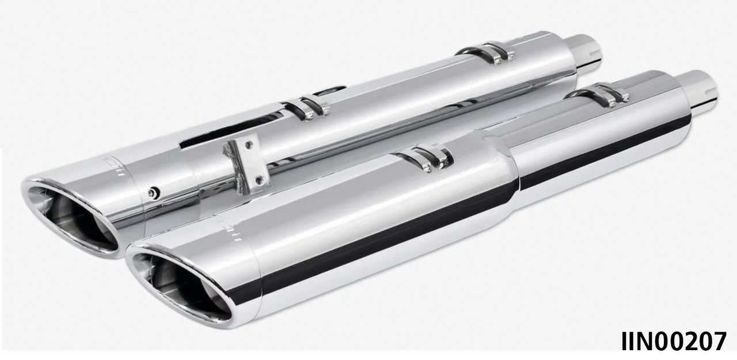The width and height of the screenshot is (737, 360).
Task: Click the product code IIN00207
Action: point(673,342)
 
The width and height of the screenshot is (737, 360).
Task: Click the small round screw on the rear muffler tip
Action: point(153,193)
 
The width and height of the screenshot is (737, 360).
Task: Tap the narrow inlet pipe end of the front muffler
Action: point(699,89)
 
